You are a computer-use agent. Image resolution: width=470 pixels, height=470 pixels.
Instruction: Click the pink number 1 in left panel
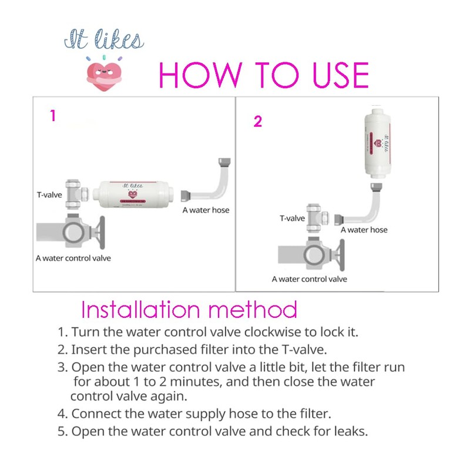[52, 116]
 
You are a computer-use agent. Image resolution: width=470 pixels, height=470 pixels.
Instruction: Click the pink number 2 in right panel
[258, 122]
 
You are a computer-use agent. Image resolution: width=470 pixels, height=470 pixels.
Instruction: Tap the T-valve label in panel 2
[291, 219]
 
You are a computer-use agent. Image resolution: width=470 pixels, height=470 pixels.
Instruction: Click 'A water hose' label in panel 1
[206, 210]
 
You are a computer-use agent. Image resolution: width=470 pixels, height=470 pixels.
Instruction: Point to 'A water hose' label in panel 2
[364, 230]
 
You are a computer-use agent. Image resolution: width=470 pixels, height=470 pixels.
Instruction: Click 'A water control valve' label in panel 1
[73, 258]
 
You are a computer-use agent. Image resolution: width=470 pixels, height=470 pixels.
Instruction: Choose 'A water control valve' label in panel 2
[309, 279]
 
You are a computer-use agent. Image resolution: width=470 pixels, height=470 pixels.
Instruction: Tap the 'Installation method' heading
[189, 309]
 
